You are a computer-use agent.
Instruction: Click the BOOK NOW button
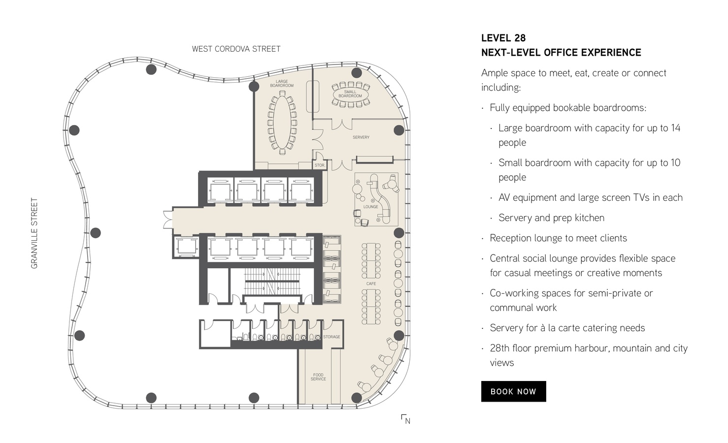click(x=514, y=391)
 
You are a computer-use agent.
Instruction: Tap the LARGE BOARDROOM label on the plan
click(x=282, y=84)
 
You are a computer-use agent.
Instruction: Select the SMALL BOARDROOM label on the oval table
click(x=350, y=94)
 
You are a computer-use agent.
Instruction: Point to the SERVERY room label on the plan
click(x=361, y=137)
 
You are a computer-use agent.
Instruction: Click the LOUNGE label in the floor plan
click(x=371, y=207)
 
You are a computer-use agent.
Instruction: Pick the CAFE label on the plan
click(x=371, y=284)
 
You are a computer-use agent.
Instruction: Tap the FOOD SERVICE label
click(x=318, y=377)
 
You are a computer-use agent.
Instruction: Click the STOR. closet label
click(x=320, y=165)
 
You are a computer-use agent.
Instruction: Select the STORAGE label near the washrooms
click(x=331, y=337)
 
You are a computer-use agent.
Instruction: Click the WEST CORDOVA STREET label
click(x=236, y=49)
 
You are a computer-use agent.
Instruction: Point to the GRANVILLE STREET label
click(x=34, y=233)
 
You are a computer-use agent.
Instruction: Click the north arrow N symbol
click(x=406, y=419)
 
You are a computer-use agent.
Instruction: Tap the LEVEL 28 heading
click(x=503, y=38)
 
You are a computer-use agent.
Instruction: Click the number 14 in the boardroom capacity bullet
click(x=675, y=128)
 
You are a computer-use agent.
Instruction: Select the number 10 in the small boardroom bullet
click(x=675, y=163)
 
